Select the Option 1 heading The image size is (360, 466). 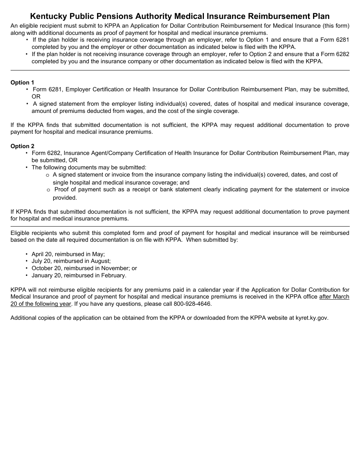pos(22,83)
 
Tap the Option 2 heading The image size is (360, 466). pos(22,146)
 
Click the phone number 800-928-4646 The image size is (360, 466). pos(193,304)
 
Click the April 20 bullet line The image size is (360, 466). pos(68,254)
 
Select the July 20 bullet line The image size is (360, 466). pos(71,261)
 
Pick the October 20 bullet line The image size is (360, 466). pos(84,268)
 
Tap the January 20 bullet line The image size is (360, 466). pos(79,275)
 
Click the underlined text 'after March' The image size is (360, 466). pos(334,297)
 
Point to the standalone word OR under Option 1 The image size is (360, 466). pos(36,97)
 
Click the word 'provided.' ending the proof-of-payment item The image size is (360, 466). pos(65,198)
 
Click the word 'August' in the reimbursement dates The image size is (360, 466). pos(100,261)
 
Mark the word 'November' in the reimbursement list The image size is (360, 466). pos(116,268)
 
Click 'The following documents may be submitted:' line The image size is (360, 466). pos(89,167)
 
